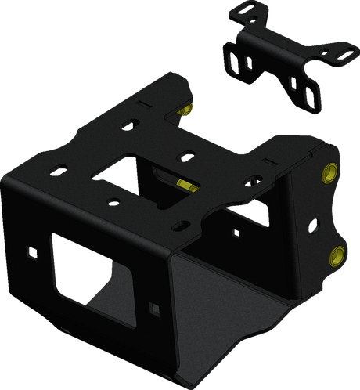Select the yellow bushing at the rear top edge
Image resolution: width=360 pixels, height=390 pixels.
(x=185, y=110)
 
